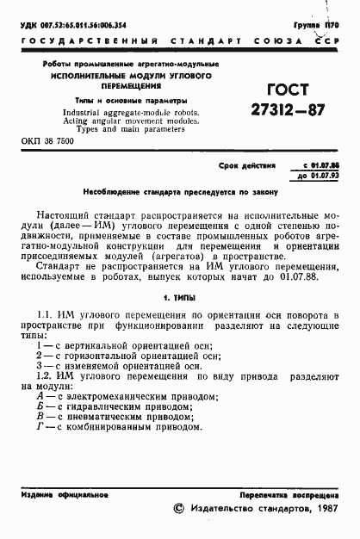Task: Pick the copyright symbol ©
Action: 178,511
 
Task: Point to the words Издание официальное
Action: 65,495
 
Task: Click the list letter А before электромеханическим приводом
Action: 40,397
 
